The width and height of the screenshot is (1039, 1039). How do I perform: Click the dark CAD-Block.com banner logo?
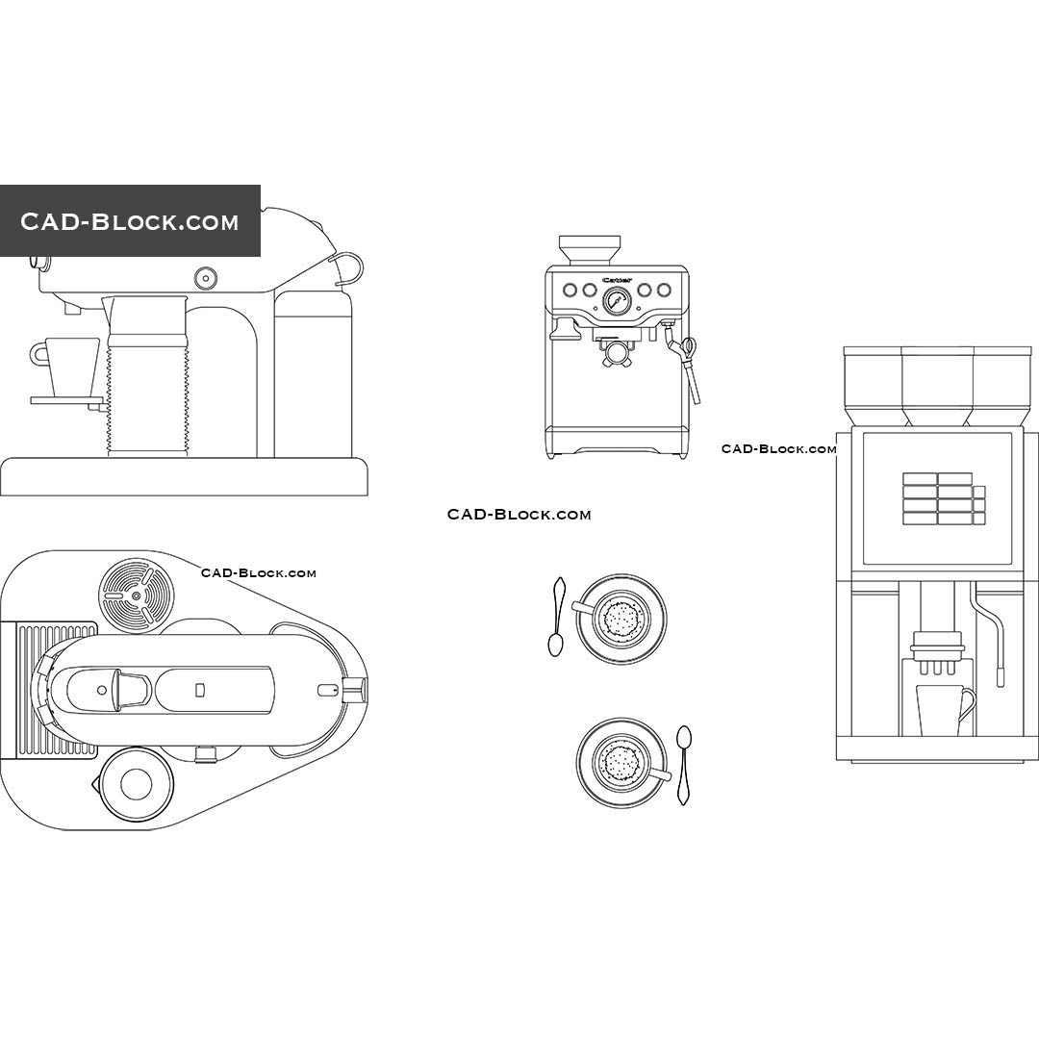130,221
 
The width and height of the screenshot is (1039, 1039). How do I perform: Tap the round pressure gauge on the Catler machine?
617,303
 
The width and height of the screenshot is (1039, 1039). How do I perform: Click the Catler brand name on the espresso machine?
617,280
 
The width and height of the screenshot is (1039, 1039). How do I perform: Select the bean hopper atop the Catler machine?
590,249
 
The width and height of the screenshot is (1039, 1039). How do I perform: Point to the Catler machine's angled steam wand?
690,370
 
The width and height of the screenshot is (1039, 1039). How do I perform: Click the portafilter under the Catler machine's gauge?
616,351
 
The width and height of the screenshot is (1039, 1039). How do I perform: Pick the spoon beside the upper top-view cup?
556,617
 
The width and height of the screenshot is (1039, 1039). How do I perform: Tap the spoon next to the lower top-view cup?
683,765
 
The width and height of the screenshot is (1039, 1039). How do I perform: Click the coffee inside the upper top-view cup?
621,618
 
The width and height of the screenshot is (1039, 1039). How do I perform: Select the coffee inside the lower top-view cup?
621,762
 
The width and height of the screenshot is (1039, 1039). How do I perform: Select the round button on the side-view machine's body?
205,278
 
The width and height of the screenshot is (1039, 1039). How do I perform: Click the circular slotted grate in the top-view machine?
136,595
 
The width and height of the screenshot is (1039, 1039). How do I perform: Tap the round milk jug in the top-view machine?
135,784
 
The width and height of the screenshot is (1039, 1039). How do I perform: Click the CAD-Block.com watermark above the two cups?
519,515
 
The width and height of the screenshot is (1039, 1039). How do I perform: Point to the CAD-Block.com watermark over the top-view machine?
258,573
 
